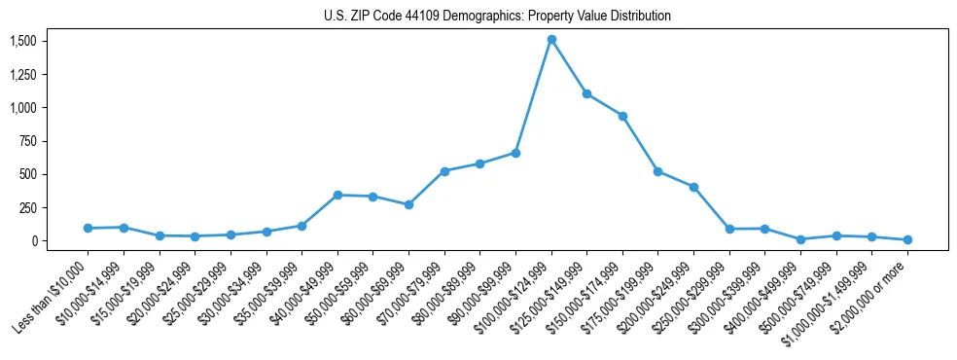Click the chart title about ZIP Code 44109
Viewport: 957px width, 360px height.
click(497, 16)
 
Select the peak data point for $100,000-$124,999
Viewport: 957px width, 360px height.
click(551, 40)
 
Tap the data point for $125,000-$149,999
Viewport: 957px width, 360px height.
click(586, 93)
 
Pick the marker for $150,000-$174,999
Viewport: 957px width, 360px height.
click(622, 116)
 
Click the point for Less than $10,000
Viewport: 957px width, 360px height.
click(88, 228)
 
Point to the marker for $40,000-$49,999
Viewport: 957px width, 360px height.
click(337, 195)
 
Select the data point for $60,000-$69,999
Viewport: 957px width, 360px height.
click(408, 204)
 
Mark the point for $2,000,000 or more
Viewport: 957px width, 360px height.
click(907, 239)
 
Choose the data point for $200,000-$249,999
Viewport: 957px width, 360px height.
click(693, 187)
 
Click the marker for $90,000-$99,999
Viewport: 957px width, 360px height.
click(515, 153)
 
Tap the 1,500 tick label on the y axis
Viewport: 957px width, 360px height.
click(22, 41)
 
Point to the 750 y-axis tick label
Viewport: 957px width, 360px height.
click(29, 141)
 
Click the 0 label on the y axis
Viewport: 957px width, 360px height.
click(35, 241)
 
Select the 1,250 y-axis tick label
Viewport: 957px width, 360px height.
click(22, 74)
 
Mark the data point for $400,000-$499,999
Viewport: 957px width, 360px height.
click(800, 239)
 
